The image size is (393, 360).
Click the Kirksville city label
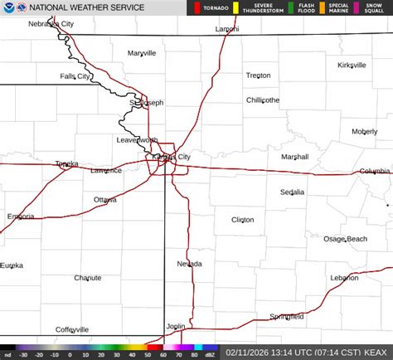(352, 65)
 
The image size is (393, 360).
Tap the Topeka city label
(67, 164)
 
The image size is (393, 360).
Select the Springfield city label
(287, 317)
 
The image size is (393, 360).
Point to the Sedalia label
(292, 192)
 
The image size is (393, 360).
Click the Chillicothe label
(263, 100)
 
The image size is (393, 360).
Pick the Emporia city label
(21, 216)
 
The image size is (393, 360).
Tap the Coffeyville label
(72, 329)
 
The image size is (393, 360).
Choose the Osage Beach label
(345, 239)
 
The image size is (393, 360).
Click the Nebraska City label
(75, 24)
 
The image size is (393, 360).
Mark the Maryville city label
(142, 53)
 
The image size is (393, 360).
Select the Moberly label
(364, 131)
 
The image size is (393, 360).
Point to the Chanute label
(88, 278)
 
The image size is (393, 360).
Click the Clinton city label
(243, 220)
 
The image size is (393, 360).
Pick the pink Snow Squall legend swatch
(357, 7)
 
